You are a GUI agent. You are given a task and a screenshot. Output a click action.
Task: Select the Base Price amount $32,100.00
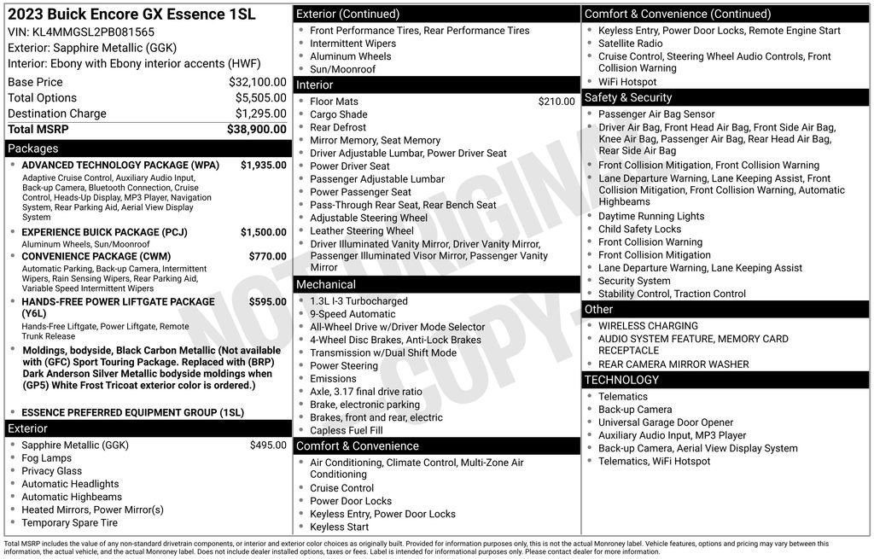[x=257, y=82]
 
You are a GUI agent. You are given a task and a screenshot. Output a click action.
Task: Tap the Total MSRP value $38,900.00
[x=256, y=129]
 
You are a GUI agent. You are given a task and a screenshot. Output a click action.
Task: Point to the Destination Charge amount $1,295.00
[x=260, y=114]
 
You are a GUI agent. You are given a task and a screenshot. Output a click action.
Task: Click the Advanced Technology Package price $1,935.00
[x=263, y=165]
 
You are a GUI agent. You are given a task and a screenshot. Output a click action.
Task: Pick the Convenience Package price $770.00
[x=267, y=256]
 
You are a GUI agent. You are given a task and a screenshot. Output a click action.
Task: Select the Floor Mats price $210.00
[x=556, y=102]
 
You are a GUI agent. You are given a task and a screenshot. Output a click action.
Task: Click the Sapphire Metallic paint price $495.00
[x=268, y=445]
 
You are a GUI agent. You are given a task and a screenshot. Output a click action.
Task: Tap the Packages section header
[x=33, y=148]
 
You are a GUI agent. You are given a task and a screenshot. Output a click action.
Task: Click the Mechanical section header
[x=325, y=284]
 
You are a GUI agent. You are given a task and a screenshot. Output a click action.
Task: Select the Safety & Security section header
[x=628, y=97]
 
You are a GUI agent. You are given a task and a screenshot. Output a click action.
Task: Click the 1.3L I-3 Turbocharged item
[x=358, y=301]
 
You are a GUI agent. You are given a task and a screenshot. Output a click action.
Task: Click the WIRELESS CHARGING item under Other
[x=648, y=326]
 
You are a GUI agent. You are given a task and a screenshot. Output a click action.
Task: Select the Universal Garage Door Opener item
[x=666, y=422]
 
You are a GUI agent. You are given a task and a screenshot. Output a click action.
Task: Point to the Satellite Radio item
[x=630, y=44]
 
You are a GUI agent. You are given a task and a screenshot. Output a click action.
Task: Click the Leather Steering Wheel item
[x=362, y=231]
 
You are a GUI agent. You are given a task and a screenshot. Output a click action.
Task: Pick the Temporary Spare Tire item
[x=70, y=522]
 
